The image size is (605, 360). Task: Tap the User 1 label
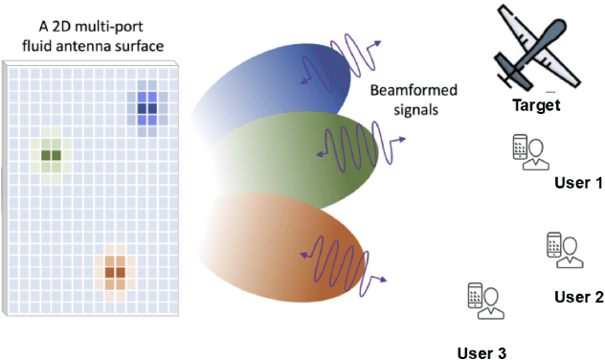point(578,182)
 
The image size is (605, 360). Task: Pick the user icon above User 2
point(565,251)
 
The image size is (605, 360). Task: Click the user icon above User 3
point(485,303)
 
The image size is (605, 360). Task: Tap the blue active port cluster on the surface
point(146,108)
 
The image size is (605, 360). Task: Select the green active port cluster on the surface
point(51,154)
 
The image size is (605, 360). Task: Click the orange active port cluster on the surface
point(115,272)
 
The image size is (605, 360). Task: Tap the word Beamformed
point(413,92)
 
